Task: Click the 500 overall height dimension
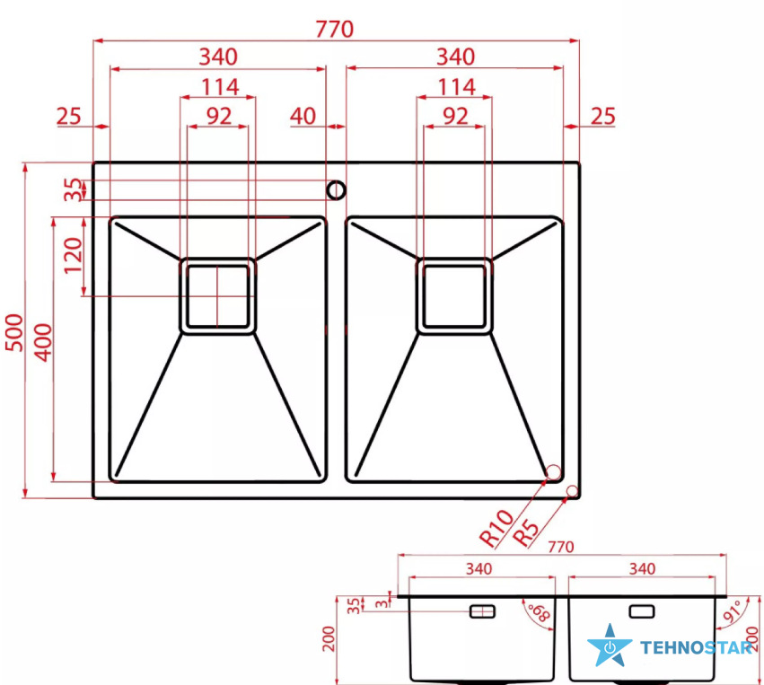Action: click(x=14, y=333)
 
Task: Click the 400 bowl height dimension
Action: click(x=43, y=343)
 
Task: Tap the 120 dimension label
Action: click(x=73, y=256)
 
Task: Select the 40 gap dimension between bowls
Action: click(x=303, y=117)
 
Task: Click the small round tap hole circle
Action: click(x=336, y=190)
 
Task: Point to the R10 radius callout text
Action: click(x=496, y=528)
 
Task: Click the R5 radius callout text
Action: click(x=526, y=533)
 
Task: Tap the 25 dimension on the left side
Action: click(x=69, y=117)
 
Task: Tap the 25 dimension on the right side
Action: click(x=603, y=117)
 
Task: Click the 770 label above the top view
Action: click(x=334, y=30)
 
